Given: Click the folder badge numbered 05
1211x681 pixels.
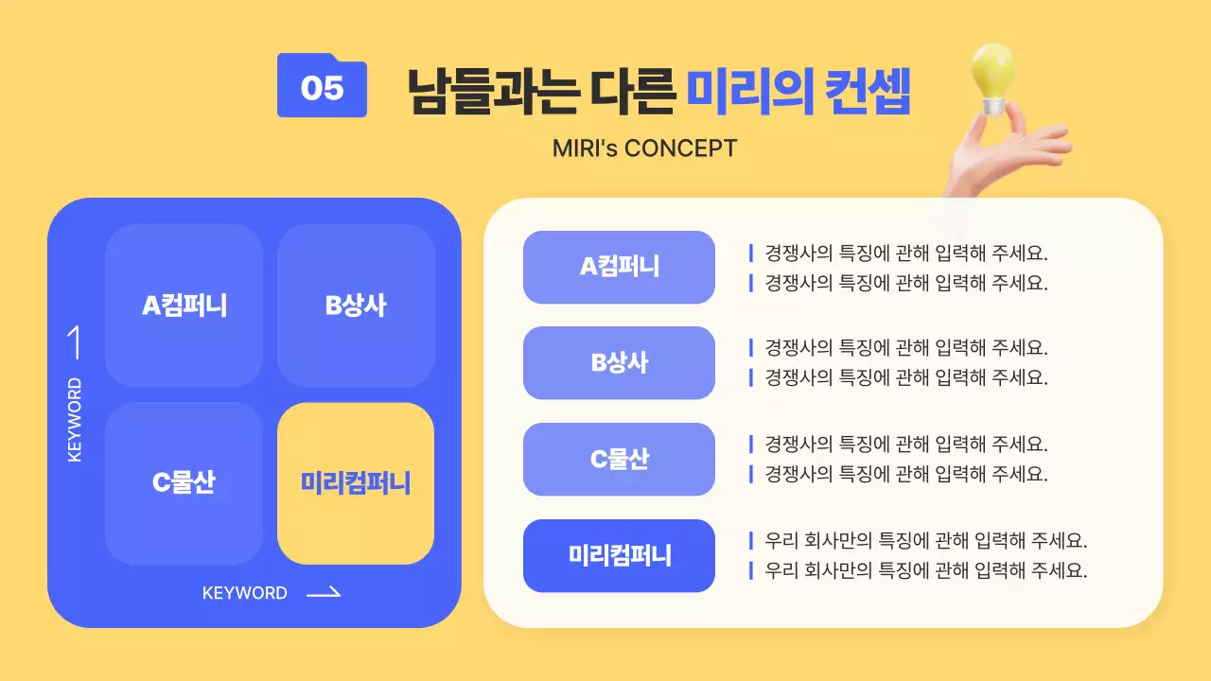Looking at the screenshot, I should pyautogui.click(x=322, y=87).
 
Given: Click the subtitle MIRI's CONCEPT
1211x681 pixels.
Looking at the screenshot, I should pyautogui.click(x=644, y=148).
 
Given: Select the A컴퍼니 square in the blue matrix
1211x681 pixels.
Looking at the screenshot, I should pyautogui.click(x=184, y=306).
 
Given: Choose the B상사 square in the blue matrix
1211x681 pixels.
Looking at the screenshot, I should pyautogui.click(x=356, y=306).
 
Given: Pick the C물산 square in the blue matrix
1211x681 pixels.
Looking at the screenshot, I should pyautogui.click(x=184, y=482).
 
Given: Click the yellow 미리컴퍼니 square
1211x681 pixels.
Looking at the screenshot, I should pyautogui.click(x=356, y=483).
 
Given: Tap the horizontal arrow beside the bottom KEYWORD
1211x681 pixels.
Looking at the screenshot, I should pyautogui.click(x=324, y=593).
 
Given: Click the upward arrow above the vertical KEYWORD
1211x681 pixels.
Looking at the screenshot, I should pyautogui.click(x=74, y=343).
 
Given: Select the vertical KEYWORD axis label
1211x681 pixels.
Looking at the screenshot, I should pyautogui.click(x=75, y=420).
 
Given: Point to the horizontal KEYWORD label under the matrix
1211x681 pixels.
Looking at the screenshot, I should pyautogui.click(x=245, y=593).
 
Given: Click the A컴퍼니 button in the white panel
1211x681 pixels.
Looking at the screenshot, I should pyautogui.click(x=619, y=267).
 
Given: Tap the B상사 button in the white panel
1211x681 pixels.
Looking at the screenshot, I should pyautogui.click(x=619, y=363).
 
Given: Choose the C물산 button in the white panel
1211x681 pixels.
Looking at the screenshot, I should pyautogui.click(x=619, y=460).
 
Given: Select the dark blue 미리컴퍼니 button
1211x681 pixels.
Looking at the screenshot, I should pyautogui.click(x=619, y=556).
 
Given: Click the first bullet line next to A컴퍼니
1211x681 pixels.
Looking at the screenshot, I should pyautogui.click(x=905, y=253).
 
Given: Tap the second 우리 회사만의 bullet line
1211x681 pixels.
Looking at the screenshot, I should pyautogui.click(x=925, y=570).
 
